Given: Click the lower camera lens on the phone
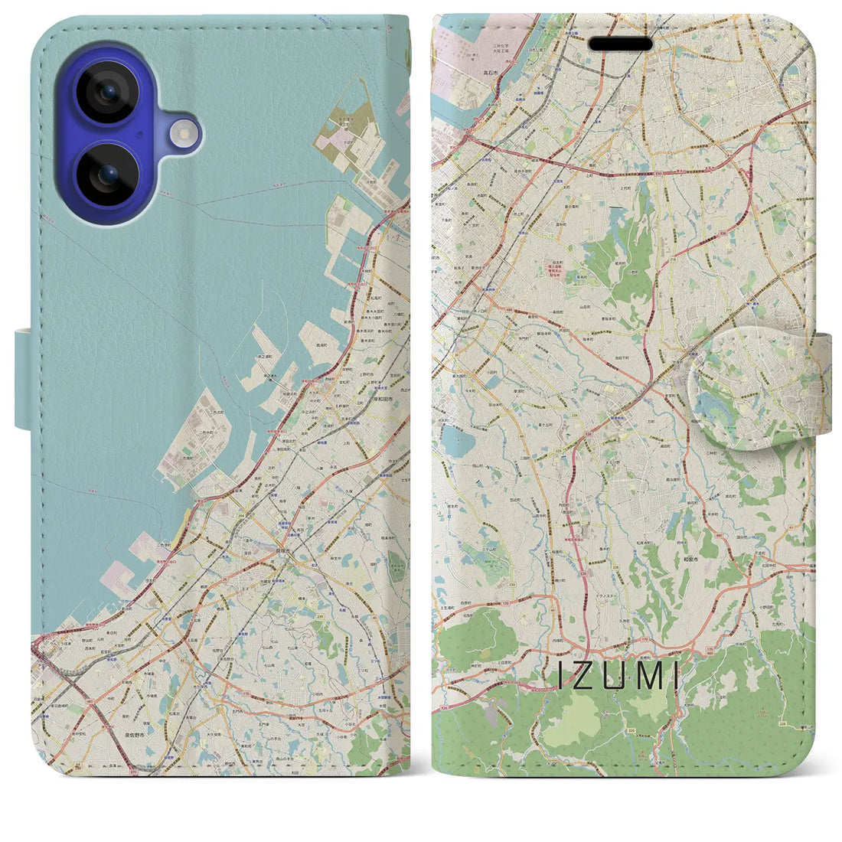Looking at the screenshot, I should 109,175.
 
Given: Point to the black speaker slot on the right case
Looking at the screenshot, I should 621,44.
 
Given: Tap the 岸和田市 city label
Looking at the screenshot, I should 383,398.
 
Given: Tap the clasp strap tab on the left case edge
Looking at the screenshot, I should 23,379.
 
